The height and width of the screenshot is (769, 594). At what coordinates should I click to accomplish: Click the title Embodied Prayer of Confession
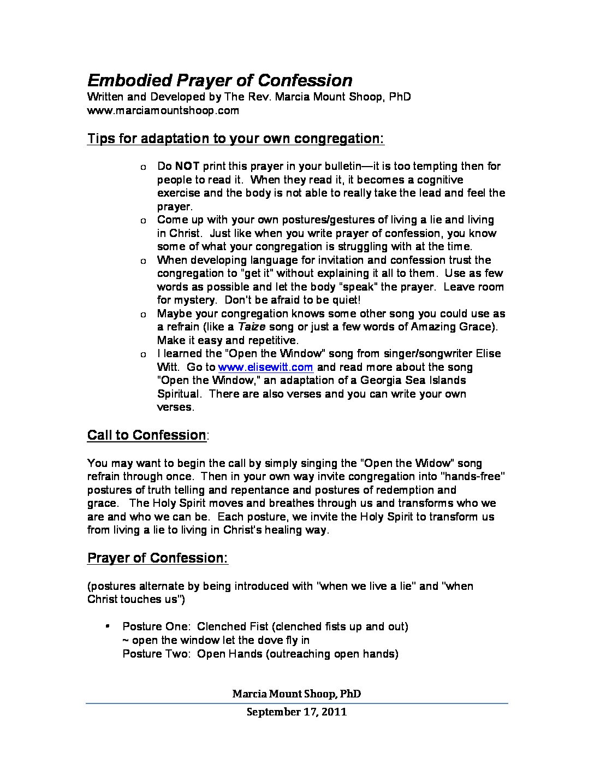click(x=219, y=80)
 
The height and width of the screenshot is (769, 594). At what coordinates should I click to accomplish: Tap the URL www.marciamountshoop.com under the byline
click(x=163, y=110)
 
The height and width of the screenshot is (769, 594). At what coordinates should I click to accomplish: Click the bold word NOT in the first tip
click(x=187, y=166)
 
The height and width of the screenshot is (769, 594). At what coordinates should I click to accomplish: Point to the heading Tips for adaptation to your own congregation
click(x=236, y=138)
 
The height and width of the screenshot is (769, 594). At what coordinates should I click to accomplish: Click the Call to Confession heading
click(x=146, y=435)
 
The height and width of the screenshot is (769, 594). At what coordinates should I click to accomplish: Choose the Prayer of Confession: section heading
click(x=158, y=558)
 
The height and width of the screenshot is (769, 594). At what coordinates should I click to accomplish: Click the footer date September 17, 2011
click(x=296, y=712)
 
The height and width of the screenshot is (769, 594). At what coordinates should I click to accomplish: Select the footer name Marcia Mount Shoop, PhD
click(x=296, y=694)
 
